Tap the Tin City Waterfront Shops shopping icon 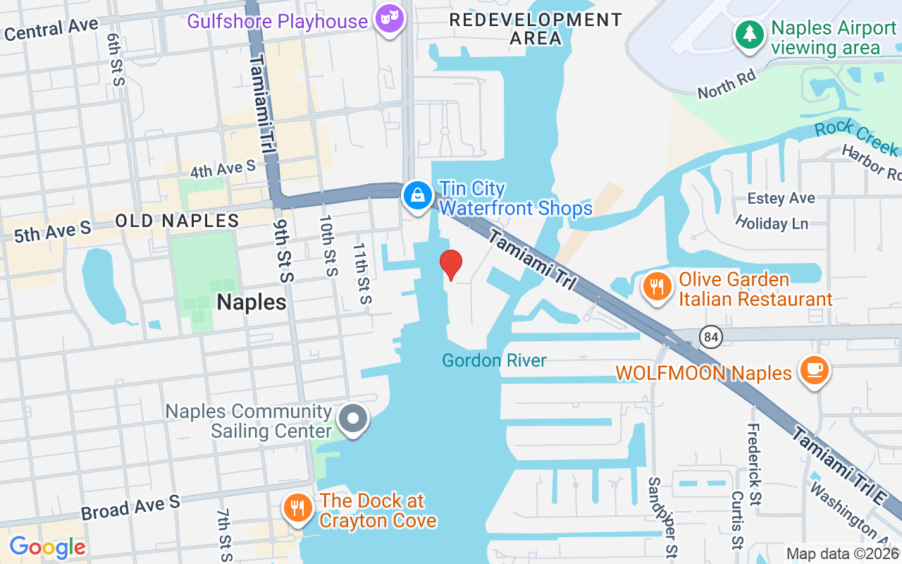(x=418, y=195)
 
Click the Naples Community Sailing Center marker (x=353, y=419)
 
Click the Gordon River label (x=494, y=361)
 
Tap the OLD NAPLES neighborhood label (x=177, y=221)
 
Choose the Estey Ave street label (x=781, y=198)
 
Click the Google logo (x=47, y=547)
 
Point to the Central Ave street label (x=51, y=30)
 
